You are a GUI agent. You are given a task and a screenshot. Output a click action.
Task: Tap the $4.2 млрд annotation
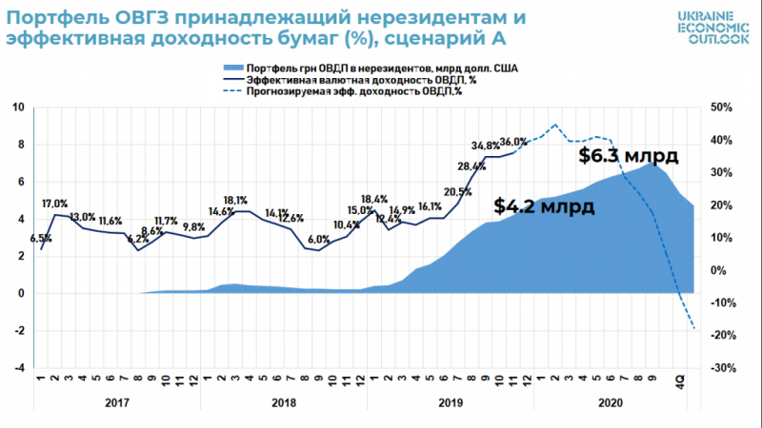[x=544, y=205]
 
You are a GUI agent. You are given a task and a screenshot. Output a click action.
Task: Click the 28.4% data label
[x=472, y=167]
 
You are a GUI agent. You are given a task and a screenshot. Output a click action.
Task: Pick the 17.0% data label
[x=54, y=204]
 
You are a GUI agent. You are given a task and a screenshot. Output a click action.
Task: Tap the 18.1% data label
[x=235, y=200]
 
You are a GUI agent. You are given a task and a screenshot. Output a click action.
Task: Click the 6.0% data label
[x=318, y=240]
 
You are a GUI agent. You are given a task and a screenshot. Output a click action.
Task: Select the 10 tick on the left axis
[x=17, y=107]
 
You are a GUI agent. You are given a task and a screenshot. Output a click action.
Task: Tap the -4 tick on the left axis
[x=17, y=368]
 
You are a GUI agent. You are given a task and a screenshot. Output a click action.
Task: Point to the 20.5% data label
[x=458, y=191]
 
